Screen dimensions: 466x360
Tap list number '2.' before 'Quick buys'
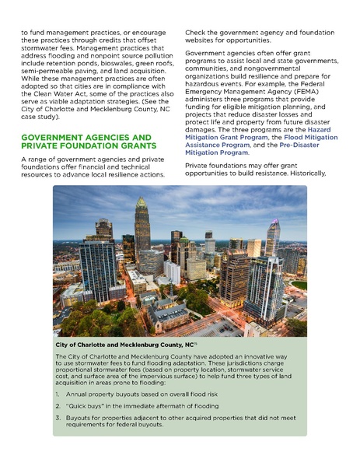[59, 405]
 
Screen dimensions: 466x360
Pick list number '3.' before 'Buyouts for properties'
[59, 418]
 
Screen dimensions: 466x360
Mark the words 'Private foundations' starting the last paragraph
[214, 166]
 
